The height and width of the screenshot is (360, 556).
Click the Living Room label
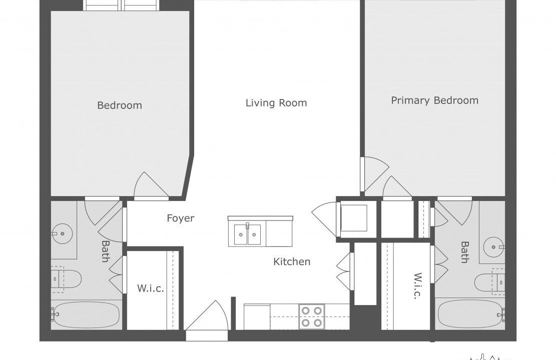(276, 103)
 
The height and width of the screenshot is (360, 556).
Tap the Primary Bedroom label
(435, 100)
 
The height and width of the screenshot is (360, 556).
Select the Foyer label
(181, 218)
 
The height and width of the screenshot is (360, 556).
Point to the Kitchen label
(292, 262)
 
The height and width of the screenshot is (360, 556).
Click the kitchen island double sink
(248, 234)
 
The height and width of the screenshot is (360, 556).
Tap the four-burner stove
(312, 316)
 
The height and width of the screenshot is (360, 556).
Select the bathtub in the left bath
(86, 314)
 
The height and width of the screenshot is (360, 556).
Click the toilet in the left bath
(66, 279)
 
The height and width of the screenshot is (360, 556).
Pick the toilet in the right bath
(490, 281)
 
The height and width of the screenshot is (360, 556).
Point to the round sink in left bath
(62, 234)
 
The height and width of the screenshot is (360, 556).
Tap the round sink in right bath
(493, 247)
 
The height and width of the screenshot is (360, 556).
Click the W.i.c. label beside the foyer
(151, 288)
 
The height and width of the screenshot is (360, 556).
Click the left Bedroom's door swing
(151, 185)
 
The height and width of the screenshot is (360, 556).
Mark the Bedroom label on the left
(120, 105)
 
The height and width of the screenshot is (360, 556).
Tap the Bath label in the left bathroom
(106, 251)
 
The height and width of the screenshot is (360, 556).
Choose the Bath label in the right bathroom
(464, 252)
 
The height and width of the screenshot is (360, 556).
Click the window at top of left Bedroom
(121, 5)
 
